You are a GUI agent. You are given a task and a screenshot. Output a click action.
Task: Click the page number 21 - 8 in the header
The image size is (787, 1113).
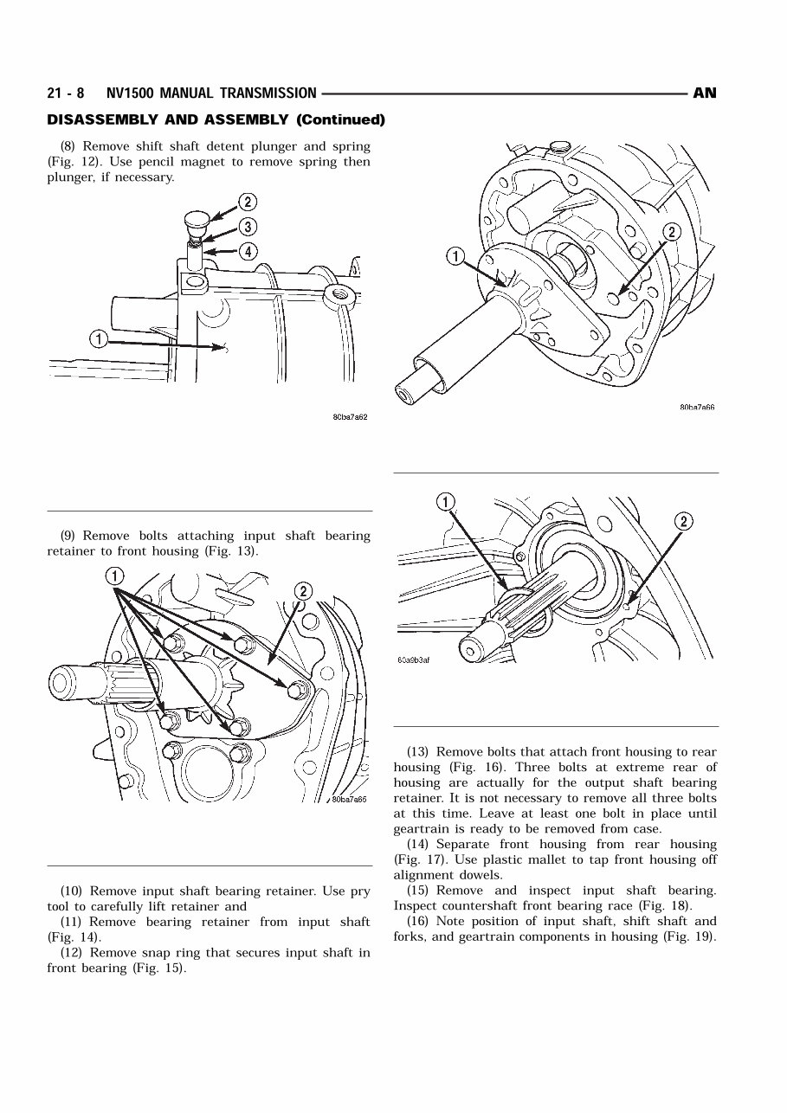[66, 93]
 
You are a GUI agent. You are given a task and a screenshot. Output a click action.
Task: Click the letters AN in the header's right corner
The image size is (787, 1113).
[705, 93]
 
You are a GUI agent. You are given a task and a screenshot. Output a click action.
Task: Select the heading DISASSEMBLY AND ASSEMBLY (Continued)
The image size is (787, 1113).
[216, 119]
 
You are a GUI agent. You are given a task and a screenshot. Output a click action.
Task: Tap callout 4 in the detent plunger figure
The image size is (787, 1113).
[248, 252]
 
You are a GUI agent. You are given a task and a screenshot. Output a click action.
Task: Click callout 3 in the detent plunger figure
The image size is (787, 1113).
[248, 228]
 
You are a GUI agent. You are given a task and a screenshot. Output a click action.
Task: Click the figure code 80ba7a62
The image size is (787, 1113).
[350, 417]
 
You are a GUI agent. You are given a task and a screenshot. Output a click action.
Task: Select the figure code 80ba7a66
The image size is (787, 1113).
[697, 408]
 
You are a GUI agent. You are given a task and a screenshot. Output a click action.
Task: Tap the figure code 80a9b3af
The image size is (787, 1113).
[414, 659]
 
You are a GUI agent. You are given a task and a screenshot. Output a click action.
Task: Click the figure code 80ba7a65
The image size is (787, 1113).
[349, 800]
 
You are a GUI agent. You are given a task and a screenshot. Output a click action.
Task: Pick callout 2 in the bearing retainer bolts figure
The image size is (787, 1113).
[303, 591]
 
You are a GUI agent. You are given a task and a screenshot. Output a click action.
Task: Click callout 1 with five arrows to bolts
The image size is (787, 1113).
[115, 576]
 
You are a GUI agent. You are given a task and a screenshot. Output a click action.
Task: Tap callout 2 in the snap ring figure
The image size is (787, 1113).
[683, 521]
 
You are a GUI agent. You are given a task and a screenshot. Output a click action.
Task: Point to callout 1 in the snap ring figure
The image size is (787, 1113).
[445, 503]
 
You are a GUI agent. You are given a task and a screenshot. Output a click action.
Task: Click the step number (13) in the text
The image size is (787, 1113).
[421, 752]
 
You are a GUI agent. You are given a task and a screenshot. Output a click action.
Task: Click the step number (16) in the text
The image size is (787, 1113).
[421, 922]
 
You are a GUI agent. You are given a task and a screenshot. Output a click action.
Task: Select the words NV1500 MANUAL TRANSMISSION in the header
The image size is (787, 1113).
[211, 93]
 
